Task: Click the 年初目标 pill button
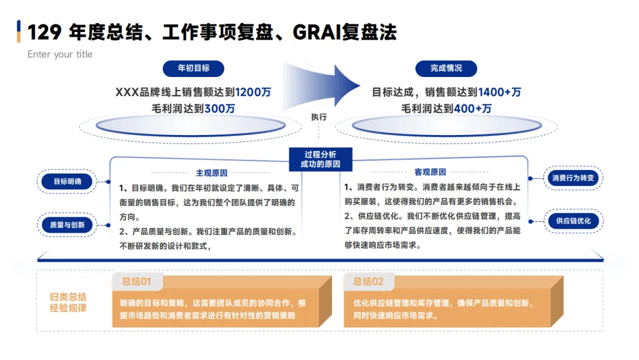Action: pos(193,68)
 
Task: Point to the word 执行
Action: pos(319,117)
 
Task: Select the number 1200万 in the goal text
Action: pos(253,92)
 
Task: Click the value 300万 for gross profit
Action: pos(220,109)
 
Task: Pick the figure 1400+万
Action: pos(499,92)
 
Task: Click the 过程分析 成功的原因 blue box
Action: pos(320,159)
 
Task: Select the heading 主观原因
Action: pos(212,173)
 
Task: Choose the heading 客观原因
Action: pos(430,172)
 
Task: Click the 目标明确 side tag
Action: pos(67,182)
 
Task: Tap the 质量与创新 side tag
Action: pos(67,225)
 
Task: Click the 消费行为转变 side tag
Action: pos(573,178)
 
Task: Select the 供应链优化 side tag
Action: pos(573,221)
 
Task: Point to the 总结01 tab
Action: pos(137,282)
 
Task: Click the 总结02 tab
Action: pos(369,282)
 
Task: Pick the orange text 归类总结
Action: pos(68,297)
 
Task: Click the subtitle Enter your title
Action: pos(60,54)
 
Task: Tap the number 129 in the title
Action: pos(44,32)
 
